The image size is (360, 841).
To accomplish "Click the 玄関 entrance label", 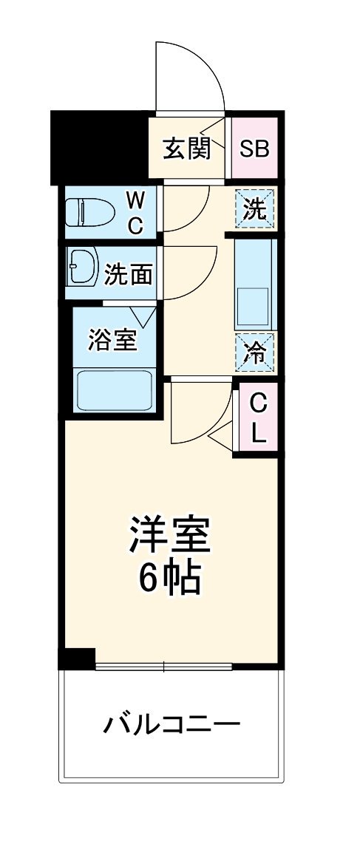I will [186, 148].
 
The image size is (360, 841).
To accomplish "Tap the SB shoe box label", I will [254, 148].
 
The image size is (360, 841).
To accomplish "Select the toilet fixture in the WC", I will [89, 212].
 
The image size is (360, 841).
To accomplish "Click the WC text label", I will [135, 212].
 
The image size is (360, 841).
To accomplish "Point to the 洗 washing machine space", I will [255, 209].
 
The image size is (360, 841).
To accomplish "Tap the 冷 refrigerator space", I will [255, 353].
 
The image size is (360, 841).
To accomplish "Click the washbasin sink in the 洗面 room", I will [82, 266].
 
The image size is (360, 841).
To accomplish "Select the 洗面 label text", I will [129, 275].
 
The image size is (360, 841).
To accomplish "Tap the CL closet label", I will [257, 418].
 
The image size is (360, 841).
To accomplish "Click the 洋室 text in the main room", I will [170, 537].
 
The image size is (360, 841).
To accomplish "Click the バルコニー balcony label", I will [171, 723].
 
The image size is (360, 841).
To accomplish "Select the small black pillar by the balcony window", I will [78, 657].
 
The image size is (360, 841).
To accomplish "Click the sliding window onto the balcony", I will [164, 667].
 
